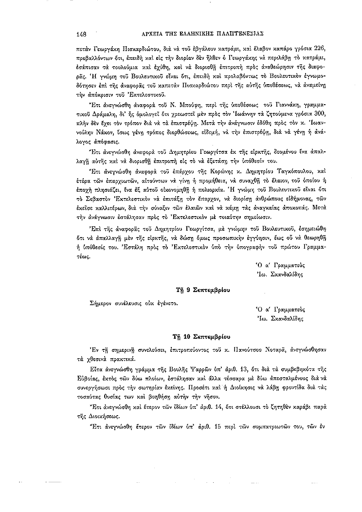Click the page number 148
click(81, 34)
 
